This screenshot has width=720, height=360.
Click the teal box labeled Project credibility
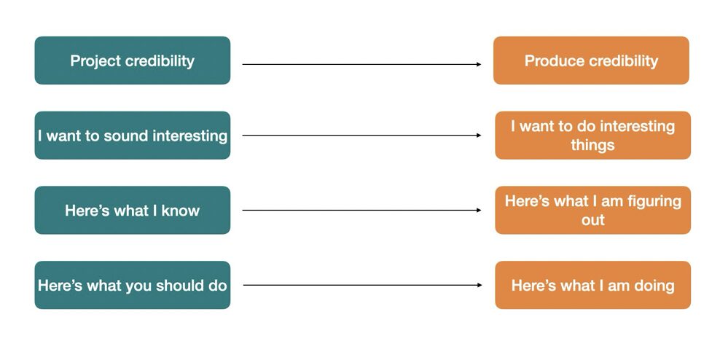tap(132, 60)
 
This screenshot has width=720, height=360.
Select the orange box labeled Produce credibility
tap(592, 60)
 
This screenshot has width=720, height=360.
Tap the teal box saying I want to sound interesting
tap(132, 136)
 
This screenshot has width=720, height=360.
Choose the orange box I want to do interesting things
tap(592, 136)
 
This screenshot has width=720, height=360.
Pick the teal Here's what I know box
tap(132, 211)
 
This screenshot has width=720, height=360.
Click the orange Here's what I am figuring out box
tap(592, 211)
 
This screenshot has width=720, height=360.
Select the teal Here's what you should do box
tap(132, 285)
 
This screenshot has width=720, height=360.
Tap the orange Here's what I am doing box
tap(592, 285)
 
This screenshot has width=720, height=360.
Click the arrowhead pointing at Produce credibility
tap(479, 64)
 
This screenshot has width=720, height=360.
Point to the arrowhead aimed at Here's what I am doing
tap(480, 285)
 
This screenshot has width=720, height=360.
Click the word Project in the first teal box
tap(95, 61)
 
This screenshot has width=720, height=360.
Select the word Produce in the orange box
tap(550, 60)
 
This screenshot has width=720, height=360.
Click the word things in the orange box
tap(592, 145)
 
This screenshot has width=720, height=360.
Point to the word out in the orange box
tap(592, 220)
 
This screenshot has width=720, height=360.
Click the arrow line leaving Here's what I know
tap(362, 211)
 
